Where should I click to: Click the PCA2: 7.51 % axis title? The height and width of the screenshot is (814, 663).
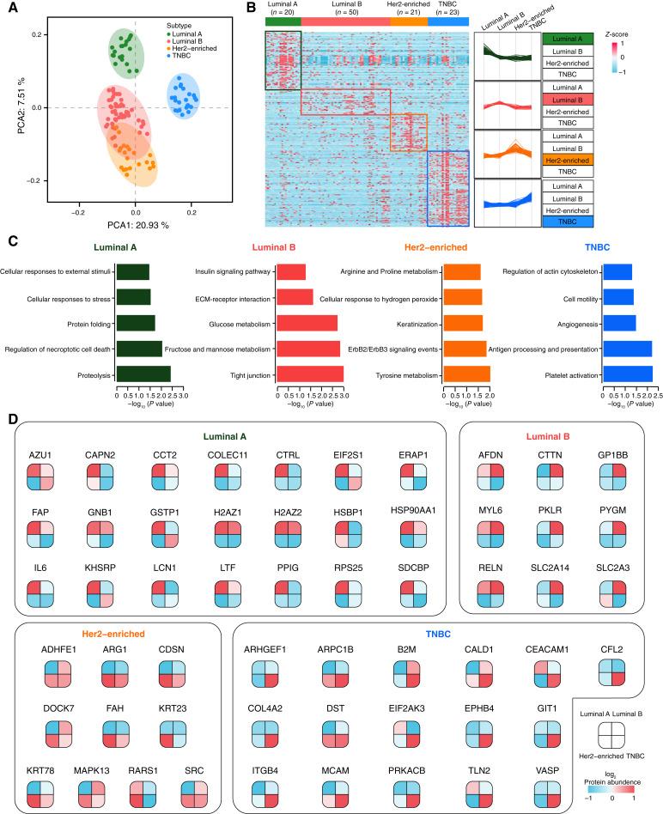click(x=15, y=106)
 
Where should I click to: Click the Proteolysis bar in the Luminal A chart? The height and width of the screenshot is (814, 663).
click(x=143, y=374)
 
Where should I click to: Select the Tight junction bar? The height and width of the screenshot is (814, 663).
click(x=310, y=374)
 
